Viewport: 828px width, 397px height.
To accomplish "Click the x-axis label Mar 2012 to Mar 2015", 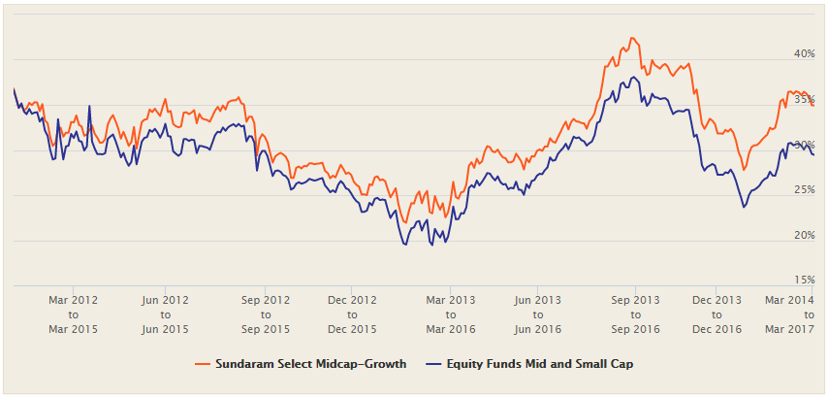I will pos(73,314).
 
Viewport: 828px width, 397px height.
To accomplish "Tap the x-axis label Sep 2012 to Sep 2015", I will pos(265,314).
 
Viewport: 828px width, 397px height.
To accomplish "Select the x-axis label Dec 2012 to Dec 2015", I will pos(351,314).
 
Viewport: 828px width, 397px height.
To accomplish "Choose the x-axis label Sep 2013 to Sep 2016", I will pos(635,314).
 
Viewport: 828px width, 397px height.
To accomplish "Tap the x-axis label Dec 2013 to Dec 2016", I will pos(717,314).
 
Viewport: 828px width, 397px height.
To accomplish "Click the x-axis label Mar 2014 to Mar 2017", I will pos(787,314).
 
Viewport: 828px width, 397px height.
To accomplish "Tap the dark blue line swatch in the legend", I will pos(442,364).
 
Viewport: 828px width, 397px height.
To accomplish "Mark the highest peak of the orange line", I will pos(632,38).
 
